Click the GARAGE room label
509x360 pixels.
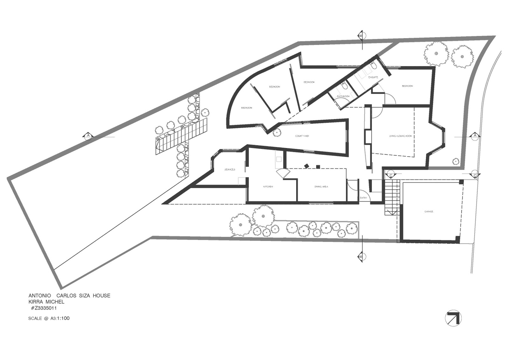(x=429, y=211)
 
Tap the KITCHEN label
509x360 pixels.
(x=268, y=187)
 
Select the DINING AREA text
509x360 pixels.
(x=321, y=187)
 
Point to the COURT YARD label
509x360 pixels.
(x=302, y=136)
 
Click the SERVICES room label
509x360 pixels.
(x=230, y=170)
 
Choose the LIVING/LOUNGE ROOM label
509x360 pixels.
(x=400, y=136)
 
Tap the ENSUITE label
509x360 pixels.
(x=373, y=77)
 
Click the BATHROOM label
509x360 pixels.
(x=343, y=96)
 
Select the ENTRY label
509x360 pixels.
(x=363, y=198)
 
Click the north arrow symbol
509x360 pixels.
(x=453, y=318)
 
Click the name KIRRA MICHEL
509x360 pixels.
(x=46, y=302)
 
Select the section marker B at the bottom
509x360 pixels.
(x=361, y=256)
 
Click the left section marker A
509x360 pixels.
(x=88, y=136)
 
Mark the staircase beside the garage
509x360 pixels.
(x=392, y=197)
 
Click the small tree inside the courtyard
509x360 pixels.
(x=277, y=132)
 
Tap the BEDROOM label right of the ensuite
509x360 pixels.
(x=407, y=86)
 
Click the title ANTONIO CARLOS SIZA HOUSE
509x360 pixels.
(x=69, y=295)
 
